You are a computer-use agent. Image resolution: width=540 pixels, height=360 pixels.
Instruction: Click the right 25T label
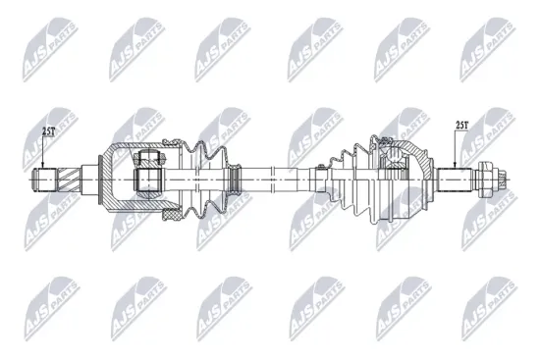point(465,125)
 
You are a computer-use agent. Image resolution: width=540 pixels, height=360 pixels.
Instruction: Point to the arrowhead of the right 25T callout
point(455,168)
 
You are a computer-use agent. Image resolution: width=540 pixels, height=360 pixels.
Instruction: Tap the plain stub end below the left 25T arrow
point(46,180)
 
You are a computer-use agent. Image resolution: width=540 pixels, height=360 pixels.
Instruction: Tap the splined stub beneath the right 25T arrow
point(455,180)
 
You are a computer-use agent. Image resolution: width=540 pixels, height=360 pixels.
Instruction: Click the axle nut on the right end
point(488,180)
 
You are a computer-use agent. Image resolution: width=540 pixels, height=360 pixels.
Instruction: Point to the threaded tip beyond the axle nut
point(502,180)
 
